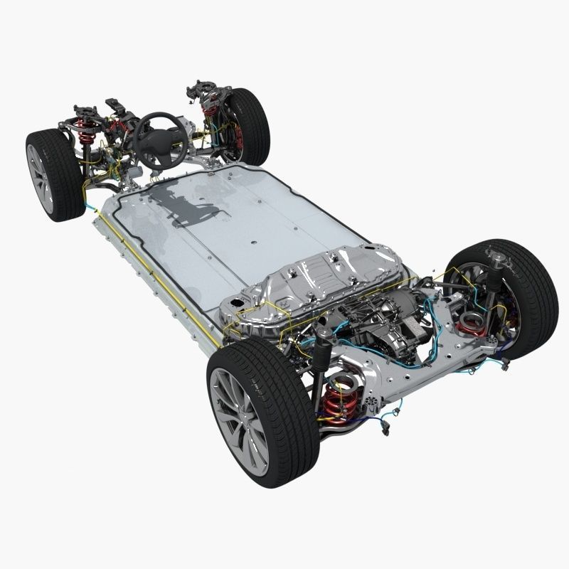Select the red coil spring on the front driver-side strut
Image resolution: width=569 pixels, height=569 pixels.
pyautogui.click(x=87, y=132)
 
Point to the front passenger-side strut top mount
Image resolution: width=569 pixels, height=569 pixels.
pyautogui.click(x=201, y=91)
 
